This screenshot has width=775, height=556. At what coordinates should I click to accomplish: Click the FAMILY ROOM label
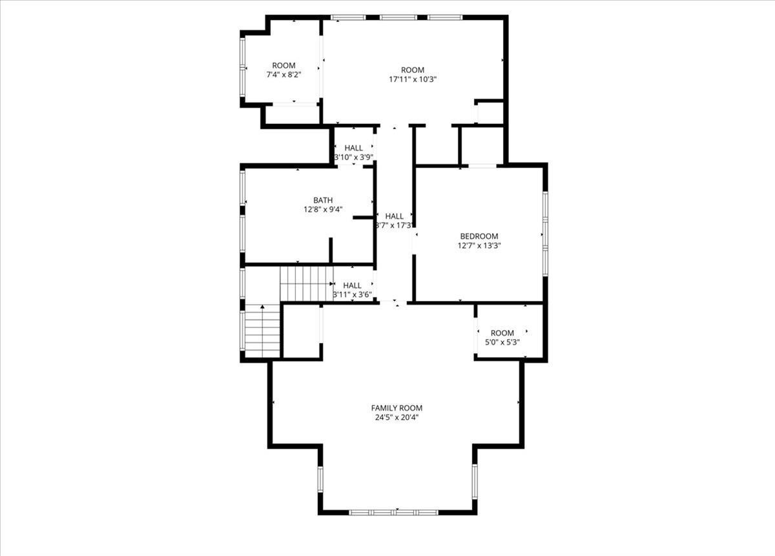pos(397,407)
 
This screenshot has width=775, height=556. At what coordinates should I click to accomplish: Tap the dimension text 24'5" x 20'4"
pos(397,417)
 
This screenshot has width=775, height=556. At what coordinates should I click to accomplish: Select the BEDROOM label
pos(479,236)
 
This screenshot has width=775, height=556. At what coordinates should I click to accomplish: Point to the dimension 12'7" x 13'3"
pos(479,245)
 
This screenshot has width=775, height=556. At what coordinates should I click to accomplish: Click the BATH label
pos(323,200)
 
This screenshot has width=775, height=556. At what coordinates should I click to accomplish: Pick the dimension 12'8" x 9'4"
pos(323,209)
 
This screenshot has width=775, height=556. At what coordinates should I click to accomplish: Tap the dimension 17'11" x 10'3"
pos(413,79)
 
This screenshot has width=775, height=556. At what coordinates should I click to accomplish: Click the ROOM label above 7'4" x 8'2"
pos(284,65)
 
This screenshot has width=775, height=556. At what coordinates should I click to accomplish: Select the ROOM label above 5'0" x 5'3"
pos(502,333)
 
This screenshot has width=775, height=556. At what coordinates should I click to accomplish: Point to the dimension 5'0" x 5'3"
pos(502,342)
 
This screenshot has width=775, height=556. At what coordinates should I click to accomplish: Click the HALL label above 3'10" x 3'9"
pos(353,148)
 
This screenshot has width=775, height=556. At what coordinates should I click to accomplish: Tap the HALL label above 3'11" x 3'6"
pos(352,285)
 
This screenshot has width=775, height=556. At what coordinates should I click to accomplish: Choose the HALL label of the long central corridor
pos(394,216)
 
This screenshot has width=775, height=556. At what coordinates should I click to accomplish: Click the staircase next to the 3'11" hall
pos(305,284)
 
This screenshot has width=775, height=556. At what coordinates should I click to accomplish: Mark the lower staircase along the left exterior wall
pos(262,331)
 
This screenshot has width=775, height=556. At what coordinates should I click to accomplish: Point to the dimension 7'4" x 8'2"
pos(284,75)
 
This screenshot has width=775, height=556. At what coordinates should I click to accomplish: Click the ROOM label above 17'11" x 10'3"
pos(413,70)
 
